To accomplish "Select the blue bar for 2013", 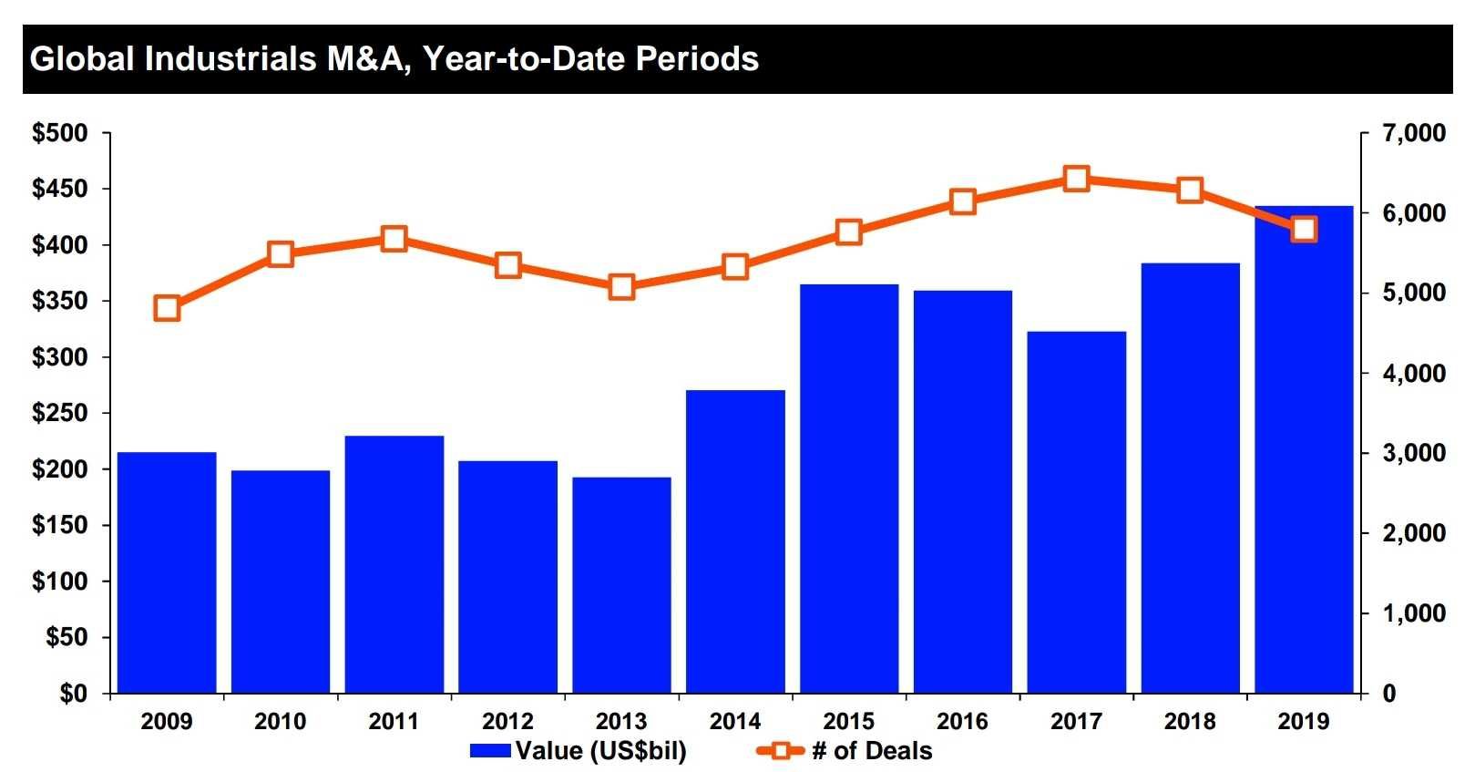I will (621, 584).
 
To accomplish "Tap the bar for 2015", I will (849, 489).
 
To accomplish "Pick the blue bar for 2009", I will (167, 571).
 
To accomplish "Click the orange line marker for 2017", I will (1077, 179).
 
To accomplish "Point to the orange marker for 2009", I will (167, 308).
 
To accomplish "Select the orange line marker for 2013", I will (621, 287).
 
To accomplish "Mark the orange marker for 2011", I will (394, 239).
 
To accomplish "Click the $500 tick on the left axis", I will (60, 133).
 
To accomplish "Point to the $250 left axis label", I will (60, 413).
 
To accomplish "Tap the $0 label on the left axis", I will (73, 694).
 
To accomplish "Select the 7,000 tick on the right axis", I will (1413, 133).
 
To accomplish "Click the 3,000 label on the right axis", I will (1413, 453).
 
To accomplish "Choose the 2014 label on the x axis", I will (735, 722).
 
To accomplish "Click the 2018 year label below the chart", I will (1190, 722).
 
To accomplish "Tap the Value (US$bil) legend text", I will (600, 751).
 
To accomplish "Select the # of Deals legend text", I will (872, 751).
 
